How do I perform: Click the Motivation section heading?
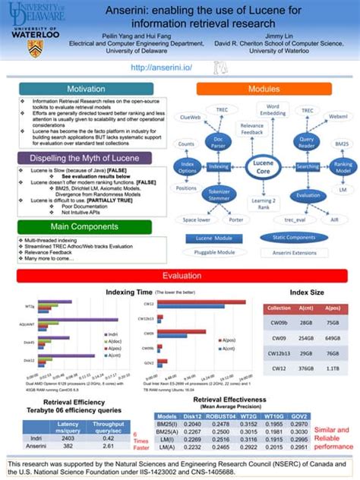tap(85, 89)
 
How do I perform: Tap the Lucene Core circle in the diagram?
tap(263, 167)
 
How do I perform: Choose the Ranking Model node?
tap(343, 167)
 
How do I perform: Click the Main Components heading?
tap(85, 226)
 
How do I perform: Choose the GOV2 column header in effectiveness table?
tap(298, 416)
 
